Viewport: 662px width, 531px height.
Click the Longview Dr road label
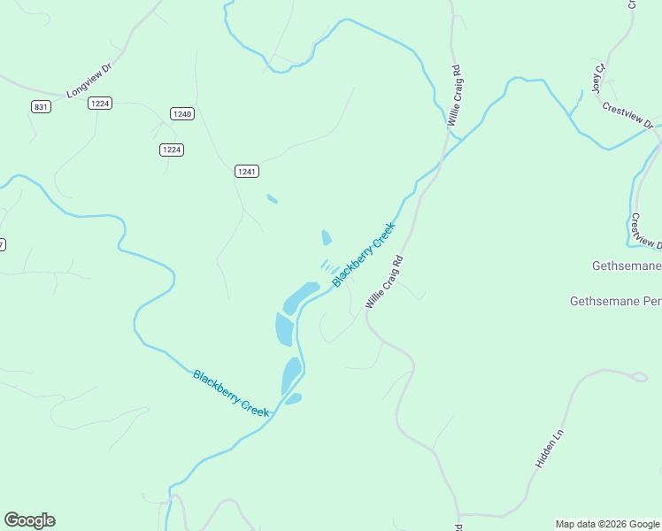click(90, 79)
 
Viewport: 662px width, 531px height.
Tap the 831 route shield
click(40, 106)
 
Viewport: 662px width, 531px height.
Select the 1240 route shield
click(182, 113)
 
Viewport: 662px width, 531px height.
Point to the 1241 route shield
click(247, 171)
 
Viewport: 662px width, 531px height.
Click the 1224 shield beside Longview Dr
click(99, 104)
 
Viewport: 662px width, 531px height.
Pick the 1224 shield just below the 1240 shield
click(172, 150)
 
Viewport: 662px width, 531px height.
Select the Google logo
click(29, 520)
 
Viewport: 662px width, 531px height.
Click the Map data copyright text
click(607, 524)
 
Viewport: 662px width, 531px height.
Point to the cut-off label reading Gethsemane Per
click(615, 302)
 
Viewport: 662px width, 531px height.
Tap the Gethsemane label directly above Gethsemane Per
click(626, 266)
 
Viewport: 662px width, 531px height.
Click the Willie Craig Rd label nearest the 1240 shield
click(455, 95)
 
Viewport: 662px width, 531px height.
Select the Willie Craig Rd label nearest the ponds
click(384, 281)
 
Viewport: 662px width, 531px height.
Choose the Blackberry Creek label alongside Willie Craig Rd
click(364, 255)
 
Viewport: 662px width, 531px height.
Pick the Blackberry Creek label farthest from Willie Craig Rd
click(230, 394)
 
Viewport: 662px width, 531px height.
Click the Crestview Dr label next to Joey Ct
click(627, 115)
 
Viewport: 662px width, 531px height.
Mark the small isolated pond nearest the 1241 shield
click(272, 198)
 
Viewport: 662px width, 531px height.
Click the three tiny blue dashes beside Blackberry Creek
click(328, 265)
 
